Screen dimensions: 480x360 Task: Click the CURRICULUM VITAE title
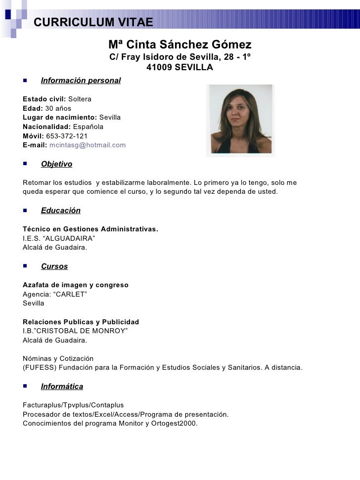(x=93, y=22)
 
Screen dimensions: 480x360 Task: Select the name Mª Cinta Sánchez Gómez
(x=180, y=44)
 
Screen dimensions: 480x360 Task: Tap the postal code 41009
(x=159, y=67)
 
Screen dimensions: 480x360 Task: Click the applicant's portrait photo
(x=240, y=121)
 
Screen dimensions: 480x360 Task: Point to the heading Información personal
(x=81, y=80)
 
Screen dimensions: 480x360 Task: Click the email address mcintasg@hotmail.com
(x=88, y=145)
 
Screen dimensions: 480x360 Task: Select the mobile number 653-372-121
(x=67, y=136)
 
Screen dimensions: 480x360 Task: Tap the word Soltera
(x=80, y=99)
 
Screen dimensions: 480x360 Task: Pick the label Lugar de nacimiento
(x=60, y=118)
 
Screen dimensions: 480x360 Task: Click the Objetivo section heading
(x=56, y=164)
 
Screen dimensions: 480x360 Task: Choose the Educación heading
(x=60, y=211)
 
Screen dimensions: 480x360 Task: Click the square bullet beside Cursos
(x=25, y=266)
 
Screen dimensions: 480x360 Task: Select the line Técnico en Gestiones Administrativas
(x=90, y=229)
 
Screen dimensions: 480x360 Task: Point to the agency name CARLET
(x=69, y=294)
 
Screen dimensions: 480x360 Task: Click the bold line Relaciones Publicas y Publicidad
(x=81, y=322)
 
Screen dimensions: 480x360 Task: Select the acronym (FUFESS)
(x=41, y=368)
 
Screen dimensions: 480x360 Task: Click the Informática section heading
(x=62, y=387)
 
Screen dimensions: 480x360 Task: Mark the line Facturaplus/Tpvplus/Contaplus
(x=73, y=405)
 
